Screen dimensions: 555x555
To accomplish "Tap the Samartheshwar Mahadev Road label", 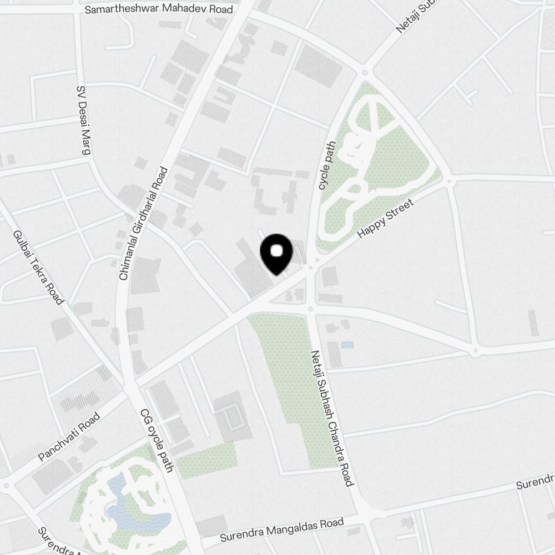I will tap(158, 9).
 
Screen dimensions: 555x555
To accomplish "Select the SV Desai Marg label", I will tap(83, 122).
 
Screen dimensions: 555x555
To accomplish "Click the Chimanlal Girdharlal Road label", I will tap(143, 223).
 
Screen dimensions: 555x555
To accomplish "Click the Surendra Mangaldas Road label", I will tap(282, 530).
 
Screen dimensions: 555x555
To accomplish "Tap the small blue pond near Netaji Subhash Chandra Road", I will tap(347, 345).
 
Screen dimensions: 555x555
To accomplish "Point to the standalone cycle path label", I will tap(326, 165).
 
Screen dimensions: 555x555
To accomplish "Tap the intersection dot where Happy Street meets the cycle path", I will tap(311, 268).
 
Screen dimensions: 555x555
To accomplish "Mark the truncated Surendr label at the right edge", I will tap(535, 481).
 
